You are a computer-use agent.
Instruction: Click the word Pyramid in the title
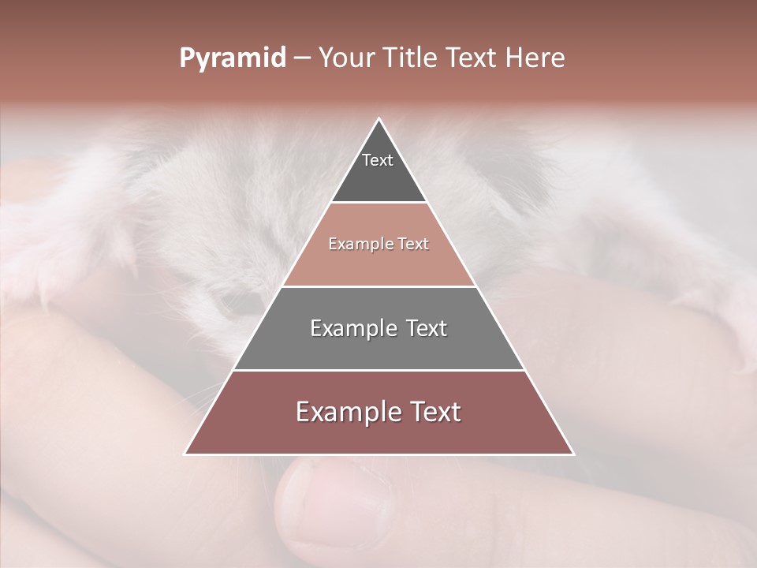pos(232,58)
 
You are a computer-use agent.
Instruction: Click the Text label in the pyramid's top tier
pos(378,160)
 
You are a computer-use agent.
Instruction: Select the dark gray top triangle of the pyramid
pos(378,177)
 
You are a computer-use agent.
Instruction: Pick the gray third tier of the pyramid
pos(378,347)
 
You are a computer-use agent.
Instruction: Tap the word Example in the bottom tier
pos(339,412)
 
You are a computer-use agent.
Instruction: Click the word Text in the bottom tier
pos(431,412)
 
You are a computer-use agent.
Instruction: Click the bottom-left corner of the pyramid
pos(186,454)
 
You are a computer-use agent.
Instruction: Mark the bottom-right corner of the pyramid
pos(572,454)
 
